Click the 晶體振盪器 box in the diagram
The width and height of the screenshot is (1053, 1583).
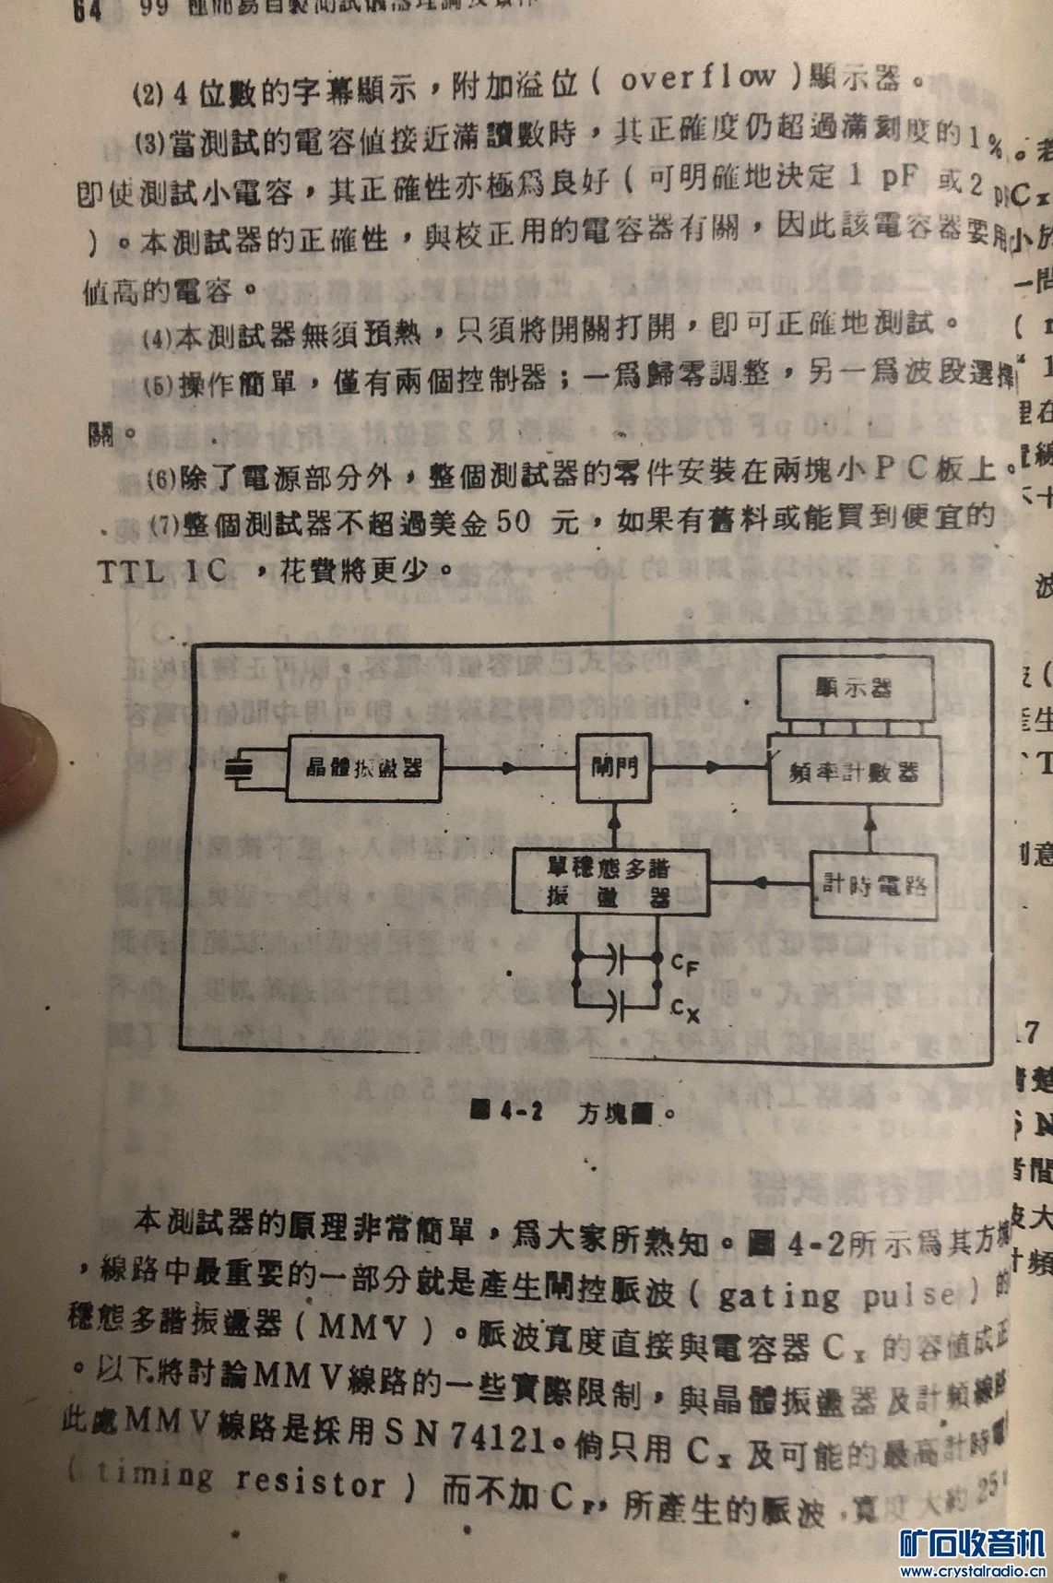click(x=363, y=767)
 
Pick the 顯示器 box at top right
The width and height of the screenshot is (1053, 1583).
click(x=855, y=689)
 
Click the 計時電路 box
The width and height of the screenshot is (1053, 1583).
click(x=873, y=885)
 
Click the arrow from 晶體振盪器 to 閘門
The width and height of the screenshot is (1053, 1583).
click(x=509, y=767)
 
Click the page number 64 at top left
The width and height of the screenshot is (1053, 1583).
click(x=87, y=11)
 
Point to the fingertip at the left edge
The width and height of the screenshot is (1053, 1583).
click(x=23, y=765)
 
